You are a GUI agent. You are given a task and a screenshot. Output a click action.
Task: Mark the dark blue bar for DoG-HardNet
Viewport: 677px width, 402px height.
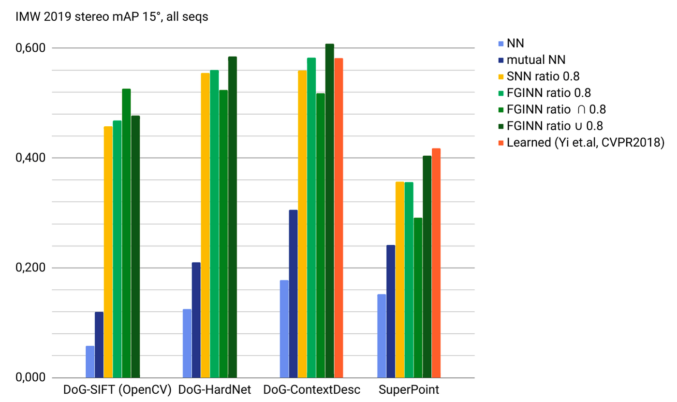pyautogui.click(x=196, y=320)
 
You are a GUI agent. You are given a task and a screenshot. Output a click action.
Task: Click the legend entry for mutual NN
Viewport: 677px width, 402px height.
pyautogui.click(x=536, y=60)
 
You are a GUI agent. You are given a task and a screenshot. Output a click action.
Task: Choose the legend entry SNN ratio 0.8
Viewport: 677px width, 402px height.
pyautogui.click(x=543, y=76)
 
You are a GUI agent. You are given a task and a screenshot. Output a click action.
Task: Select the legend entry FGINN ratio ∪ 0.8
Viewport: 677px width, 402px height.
pyautogui.click(x=555, y=126)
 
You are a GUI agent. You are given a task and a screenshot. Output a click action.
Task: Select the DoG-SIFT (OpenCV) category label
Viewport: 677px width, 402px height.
pyautogui.click(x=118, y=390)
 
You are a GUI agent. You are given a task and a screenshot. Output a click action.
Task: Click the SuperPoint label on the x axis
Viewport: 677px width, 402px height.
pyautogui.click(x=409, y=390)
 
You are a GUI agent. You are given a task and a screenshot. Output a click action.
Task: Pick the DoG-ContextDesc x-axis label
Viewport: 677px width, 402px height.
pyautogui.click(x=312, y=390)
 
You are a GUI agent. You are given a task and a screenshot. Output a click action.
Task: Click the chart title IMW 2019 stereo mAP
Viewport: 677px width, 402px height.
pyautogui.click(x=112, y=18)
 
